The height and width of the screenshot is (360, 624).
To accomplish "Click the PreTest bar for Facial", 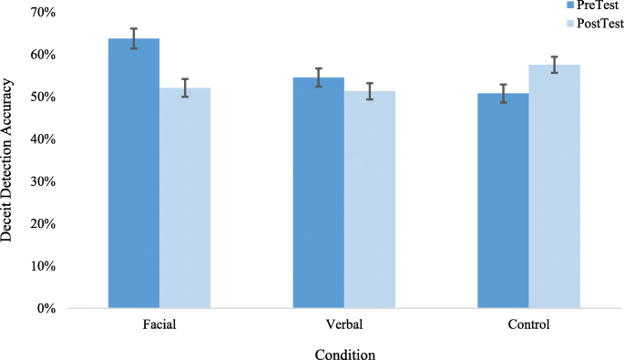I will pos(134,173).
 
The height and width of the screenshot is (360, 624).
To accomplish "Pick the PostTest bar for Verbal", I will pos(369,200).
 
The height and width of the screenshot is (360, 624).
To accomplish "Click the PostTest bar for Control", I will pos(554,186).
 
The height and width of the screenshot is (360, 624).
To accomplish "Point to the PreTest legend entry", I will pos(584,5).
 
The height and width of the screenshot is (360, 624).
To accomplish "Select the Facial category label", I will pos(159,324).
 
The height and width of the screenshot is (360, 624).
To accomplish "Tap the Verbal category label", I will pos(343,324).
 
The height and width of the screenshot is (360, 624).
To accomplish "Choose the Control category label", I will pos(528,324).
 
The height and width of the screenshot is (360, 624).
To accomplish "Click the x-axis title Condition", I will pos(344,353).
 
